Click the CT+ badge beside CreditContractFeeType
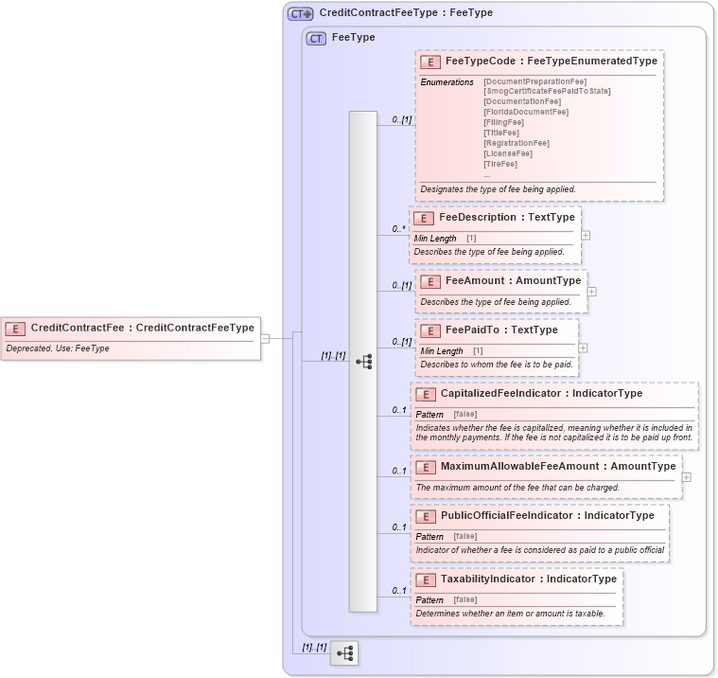(x=301, y=14)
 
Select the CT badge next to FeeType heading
(x=316, y=39)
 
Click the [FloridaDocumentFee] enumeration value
(x=526, y=112)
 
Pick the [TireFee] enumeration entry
(x=500, y=164)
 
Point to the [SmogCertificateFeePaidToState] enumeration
(x=547, y=91)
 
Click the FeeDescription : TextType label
(x=506, y=218)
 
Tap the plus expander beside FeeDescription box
(x=587, y=235)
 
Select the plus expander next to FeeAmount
(x=592, y=292)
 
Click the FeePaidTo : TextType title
(x=501, y=330)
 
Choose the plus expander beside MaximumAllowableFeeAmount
(x=687, y=477)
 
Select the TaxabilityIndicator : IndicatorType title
(x=528, y=580)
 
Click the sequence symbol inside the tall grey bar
(x=363, y=362)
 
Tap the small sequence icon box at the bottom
(x=344, y=653)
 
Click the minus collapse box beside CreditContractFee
(x=266, y=337)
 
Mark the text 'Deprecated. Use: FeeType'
(x=58, y=348)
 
